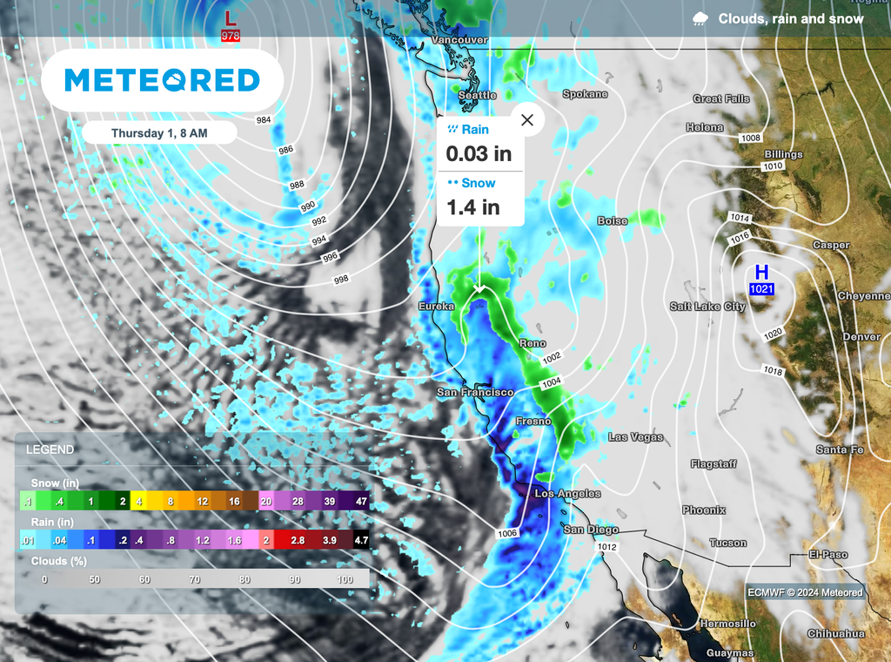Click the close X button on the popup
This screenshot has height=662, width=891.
526,120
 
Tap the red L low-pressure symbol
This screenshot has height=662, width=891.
230,17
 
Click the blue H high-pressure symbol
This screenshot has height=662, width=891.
761,272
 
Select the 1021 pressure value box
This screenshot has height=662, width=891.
761,289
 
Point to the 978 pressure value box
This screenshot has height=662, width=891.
231,36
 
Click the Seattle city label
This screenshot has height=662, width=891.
477,95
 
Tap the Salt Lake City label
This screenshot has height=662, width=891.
707,307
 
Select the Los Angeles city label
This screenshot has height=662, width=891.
567,494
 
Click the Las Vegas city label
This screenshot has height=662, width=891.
635,437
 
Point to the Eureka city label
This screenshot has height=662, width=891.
436,307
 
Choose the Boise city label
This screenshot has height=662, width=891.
613,221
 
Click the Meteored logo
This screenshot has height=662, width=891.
163,80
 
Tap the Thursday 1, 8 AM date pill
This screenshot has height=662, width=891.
160,133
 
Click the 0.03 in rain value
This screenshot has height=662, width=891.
479,154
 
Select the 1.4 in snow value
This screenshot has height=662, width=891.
472,207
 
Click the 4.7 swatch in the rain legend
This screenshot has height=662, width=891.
359,541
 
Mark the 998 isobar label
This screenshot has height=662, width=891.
340,280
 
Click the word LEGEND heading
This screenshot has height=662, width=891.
50,450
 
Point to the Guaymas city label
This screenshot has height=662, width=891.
730,653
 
